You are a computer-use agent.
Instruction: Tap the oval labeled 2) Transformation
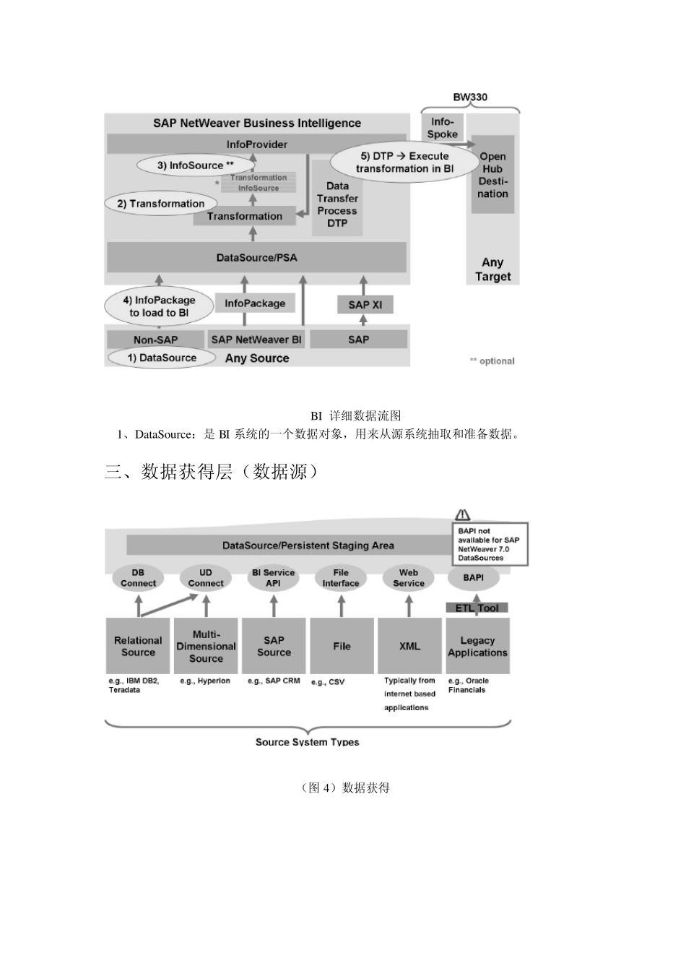[161, 204]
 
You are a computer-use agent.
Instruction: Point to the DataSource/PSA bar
[256, 257]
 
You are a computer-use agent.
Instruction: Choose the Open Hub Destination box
[492, 175]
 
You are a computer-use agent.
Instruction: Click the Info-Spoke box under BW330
[442, 128]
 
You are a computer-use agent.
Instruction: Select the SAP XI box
[365, 305]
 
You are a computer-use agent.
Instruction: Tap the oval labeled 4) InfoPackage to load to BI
[159, 306]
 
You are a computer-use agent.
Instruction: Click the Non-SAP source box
[155, 340]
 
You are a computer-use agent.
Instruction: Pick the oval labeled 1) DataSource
[162, 358]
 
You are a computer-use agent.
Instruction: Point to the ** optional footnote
[492, 361]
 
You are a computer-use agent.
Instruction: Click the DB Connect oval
[138, 578]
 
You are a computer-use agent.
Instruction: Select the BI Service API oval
[273, 578]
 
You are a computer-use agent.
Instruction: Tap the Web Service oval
[409, 578]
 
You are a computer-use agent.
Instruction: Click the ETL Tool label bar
[477, 608]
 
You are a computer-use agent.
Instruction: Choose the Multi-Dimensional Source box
[206, 646]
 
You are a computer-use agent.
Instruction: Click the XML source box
[409, 646]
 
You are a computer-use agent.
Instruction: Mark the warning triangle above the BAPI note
[463, 515]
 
